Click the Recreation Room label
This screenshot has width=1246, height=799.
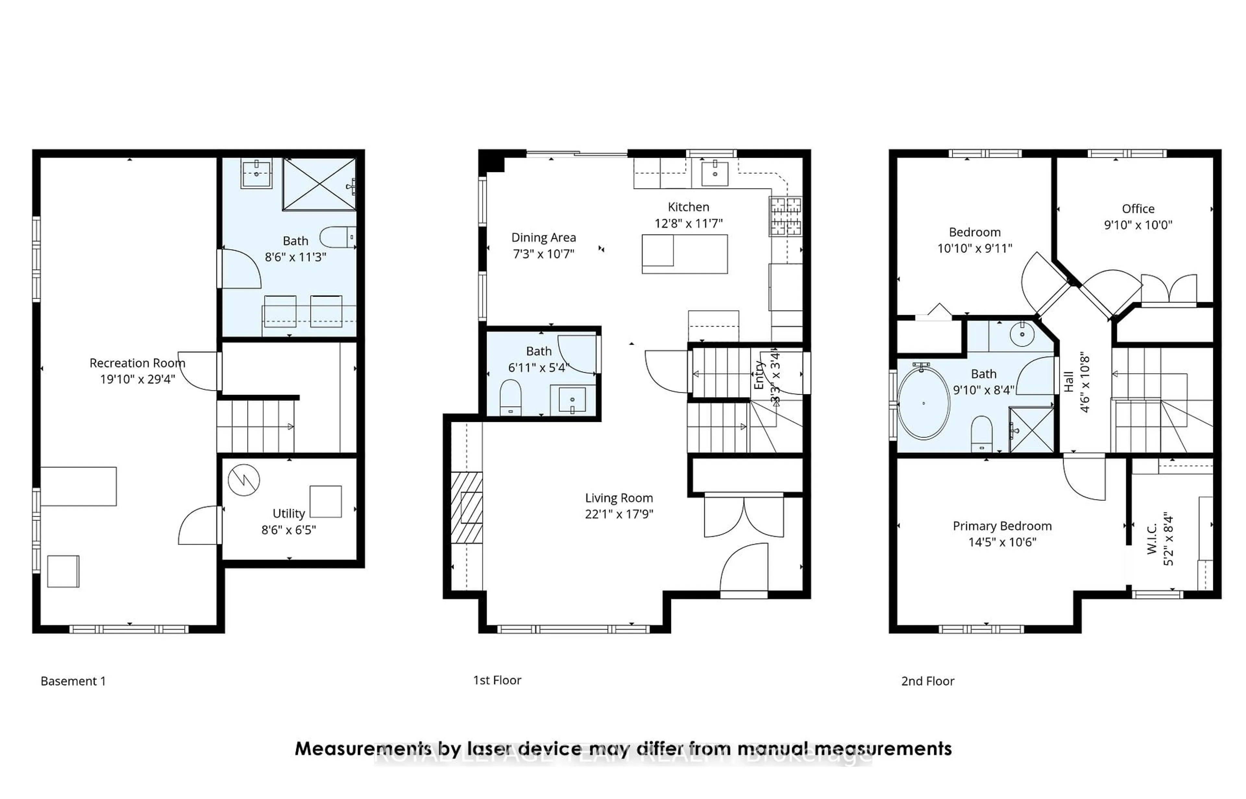tap(137, 363)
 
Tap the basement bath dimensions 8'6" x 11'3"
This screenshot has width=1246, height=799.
tap(295, 257)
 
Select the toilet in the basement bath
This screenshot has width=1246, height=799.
tap(337, 237)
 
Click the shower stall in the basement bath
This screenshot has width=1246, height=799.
tap(319, 184)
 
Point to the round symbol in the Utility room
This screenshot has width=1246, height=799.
tap(244, 480)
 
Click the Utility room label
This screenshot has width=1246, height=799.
tap(288, 513)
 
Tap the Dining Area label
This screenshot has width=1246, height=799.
tap(543, 238)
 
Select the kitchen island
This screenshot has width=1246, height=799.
tap(684, 254)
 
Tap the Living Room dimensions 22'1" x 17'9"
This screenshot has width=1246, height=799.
tap(619, 514)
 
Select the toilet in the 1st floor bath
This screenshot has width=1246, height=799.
tap(510, 398)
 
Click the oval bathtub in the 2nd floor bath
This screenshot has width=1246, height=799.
tap(923, 403)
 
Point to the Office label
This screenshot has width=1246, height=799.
tap(1138, 209)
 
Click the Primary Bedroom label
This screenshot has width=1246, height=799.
tap(1002, 525)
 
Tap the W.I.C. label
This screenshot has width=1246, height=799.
tap(1152, 539)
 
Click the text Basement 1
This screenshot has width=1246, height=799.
tap(73, 681)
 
